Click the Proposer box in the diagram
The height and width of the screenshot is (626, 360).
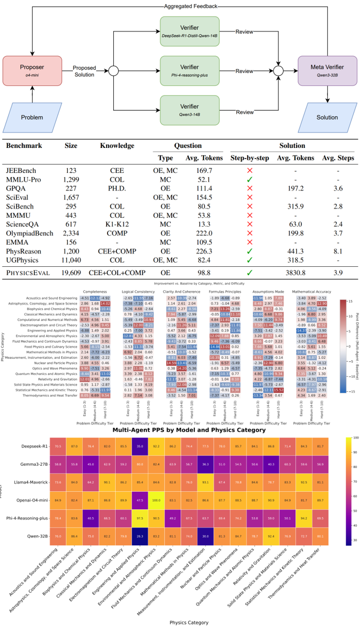click(32, 70)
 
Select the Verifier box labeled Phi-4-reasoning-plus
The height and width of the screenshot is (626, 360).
click(189, 70)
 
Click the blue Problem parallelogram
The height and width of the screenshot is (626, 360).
click(32, 117)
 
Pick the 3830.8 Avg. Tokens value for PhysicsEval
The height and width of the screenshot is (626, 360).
click(295, 273)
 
